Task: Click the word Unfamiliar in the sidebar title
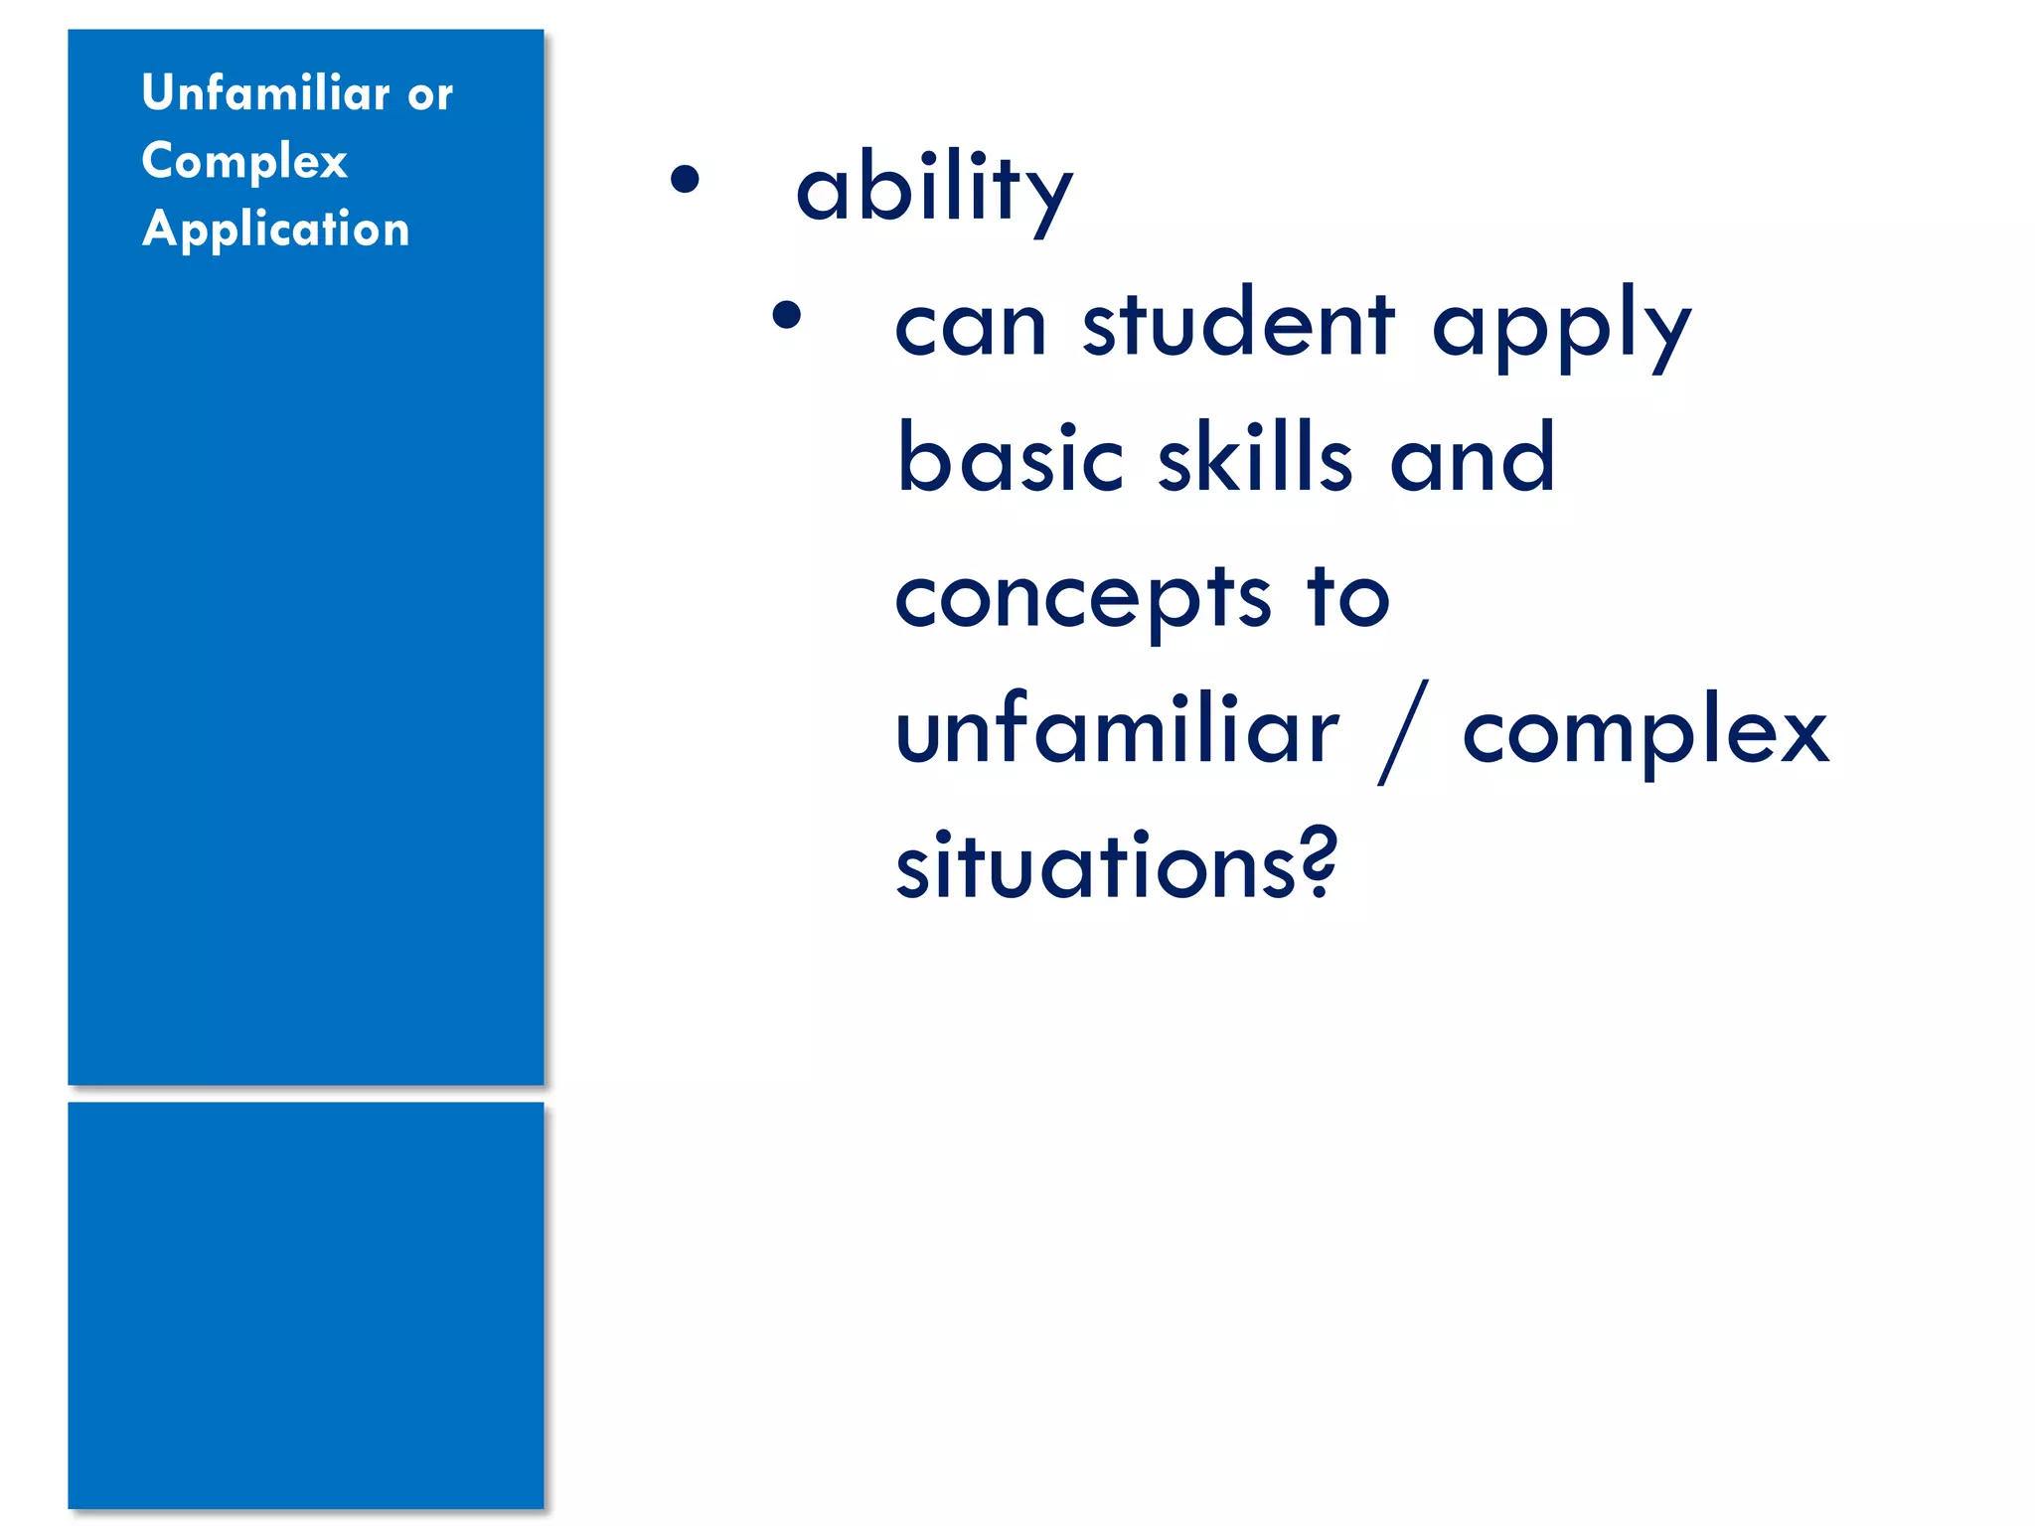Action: (265, 93)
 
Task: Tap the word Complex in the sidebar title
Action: (244, 161)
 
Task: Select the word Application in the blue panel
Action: (275, 229)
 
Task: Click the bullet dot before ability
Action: (685, 179)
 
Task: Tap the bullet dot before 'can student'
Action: (786, 315)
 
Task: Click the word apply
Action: (1561, 328)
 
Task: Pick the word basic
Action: (1010, 459)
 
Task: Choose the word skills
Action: (1255, 459)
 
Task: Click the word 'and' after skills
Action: (1472, 459)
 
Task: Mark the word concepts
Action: (1082, 598)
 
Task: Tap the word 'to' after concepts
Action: (1348, 598)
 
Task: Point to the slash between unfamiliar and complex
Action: (1403, 733)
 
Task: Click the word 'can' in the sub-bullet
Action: (971, 328)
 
